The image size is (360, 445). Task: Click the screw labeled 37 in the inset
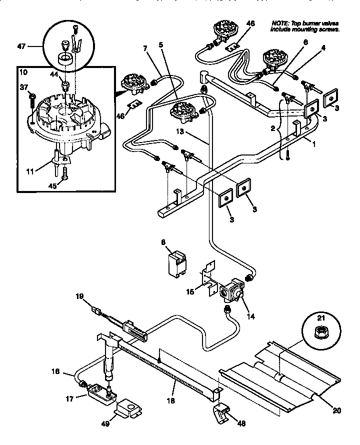[x=31, y=95]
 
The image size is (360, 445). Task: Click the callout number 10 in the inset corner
[x=23, y=72]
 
